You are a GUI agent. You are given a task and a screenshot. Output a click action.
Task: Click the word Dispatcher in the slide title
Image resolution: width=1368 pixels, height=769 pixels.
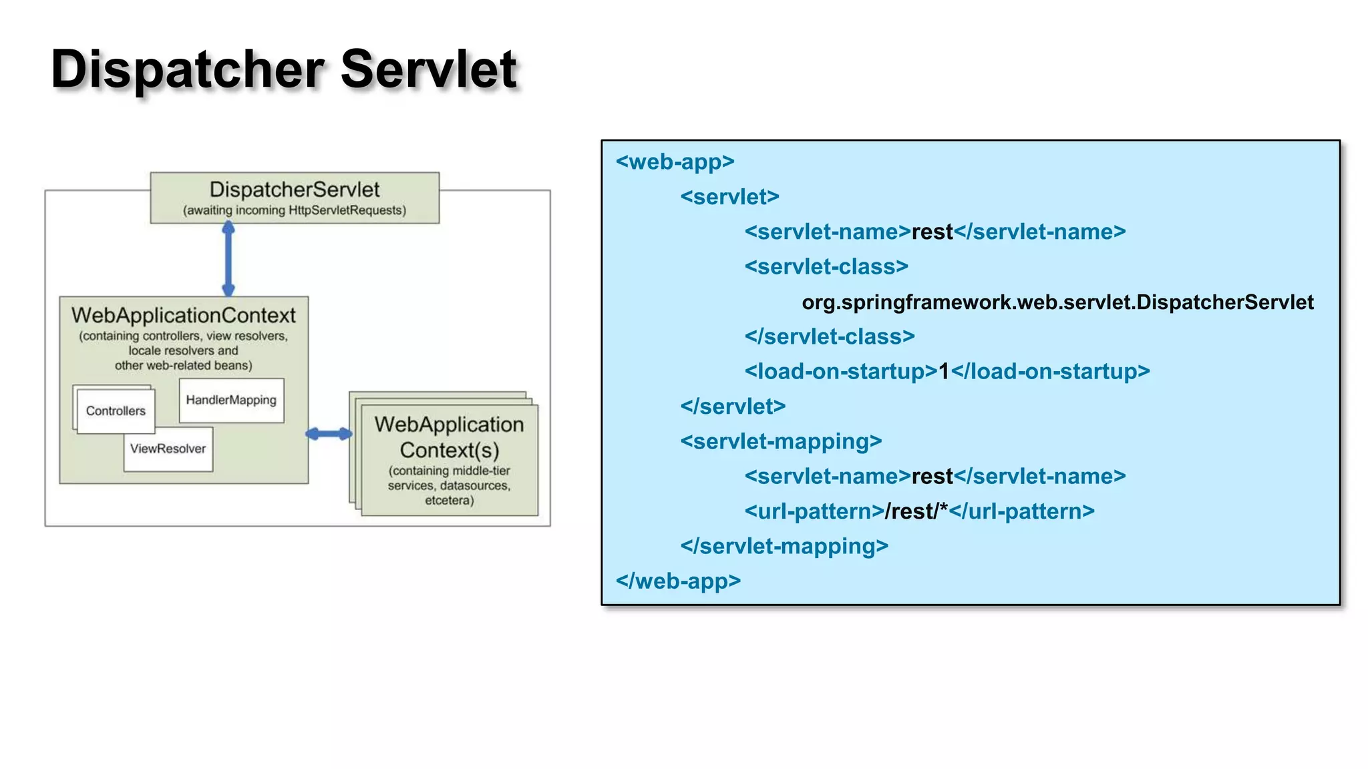187,70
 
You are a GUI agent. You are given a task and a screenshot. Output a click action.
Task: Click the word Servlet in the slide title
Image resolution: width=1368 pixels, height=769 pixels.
428,69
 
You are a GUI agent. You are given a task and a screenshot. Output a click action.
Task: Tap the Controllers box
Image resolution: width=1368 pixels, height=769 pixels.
116,411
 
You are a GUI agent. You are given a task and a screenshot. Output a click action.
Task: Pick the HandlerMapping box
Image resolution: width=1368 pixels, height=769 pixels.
231,401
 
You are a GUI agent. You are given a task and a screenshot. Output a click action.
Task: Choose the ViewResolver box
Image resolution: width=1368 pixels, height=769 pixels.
168,449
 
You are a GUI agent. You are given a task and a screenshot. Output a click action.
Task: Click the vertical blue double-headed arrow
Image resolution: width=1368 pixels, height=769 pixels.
228,260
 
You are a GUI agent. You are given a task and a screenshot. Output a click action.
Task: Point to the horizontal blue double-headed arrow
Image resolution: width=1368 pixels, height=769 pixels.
329,434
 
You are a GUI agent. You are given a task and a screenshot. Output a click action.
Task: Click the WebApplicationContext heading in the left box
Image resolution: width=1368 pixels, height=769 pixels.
183,315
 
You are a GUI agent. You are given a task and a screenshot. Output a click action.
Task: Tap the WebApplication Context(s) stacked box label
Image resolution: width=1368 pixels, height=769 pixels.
449,437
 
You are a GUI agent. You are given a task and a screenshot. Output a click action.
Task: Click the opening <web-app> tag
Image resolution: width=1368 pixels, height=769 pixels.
675,162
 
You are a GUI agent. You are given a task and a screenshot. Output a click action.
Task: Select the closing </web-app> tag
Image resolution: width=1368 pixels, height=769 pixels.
678,581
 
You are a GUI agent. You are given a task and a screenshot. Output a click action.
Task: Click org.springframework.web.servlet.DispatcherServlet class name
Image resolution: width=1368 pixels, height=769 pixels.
1057,302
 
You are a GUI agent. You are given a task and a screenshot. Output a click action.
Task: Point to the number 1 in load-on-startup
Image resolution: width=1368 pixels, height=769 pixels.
944,372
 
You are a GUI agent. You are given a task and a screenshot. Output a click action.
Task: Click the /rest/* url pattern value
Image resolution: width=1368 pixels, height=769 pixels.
916,511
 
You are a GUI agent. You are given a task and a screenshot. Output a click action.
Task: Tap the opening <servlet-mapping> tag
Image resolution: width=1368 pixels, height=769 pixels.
781,441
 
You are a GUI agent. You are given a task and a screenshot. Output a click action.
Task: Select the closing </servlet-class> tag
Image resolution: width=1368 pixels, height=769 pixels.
830,336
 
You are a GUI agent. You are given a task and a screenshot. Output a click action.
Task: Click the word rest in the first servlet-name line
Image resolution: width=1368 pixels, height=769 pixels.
932,232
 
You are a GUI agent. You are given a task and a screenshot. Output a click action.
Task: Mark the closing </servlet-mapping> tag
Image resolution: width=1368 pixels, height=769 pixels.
784,546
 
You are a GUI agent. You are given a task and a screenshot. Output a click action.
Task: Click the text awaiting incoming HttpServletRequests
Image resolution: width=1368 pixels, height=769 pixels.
295,211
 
